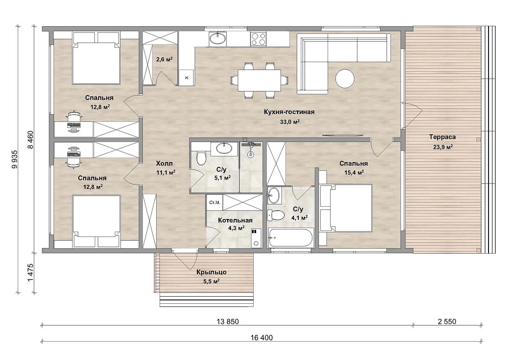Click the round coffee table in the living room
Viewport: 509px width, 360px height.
tap(345, 78)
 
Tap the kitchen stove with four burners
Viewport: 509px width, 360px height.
tap(258, 39)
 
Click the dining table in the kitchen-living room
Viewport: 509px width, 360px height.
tap(259, 81)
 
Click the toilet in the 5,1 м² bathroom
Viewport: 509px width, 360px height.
tap(201, 158)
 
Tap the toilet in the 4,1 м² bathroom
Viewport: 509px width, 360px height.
tap(276, 215)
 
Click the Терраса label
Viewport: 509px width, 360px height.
tap(442, 137)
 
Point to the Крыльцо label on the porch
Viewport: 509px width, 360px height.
tap(211, 272)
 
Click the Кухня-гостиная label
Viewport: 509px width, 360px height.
tap(289, 112)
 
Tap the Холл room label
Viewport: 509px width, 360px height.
tap(164, 163)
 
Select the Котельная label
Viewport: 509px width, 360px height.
tap(235, 220)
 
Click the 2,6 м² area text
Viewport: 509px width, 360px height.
tap(164, 60)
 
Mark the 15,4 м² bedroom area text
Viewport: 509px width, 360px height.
tap(354, 173)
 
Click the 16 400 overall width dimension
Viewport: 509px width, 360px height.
tap(261, 338)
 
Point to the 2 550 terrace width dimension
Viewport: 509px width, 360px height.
tap(447, 322)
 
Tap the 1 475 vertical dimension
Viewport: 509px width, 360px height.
tap(30, 273)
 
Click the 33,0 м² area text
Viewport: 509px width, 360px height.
tap(290, 122)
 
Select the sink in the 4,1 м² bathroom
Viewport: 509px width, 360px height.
tap(274, 195)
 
